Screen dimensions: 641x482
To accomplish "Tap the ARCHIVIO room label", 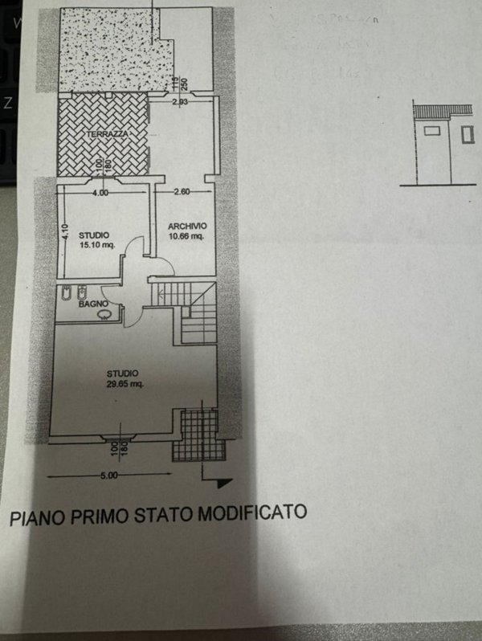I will (186, 227).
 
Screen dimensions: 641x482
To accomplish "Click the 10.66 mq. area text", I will (186, 237).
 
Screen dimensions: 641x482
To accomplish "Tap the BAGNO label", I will (93, 304).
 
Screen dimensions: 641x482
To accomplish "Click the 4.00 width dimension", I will (100, 193).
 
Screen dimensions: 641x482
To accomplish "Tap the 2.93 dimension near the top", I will (180, 102).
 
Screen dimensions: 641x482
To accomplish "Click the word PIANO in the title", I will (35, 516).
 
